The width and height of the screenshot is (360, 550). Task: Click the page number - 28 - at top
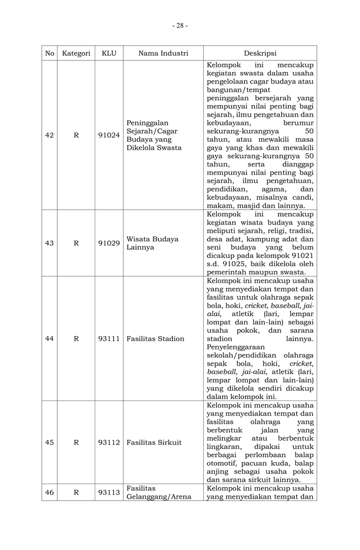(x=180, y=25)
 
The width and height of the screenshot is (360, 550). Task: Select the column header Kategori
(x=76, y=53)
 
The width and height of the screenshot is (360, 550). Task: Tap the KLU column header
(x=109, y=53)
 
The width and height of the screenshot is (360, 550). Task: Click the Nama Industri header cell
(x=163, y=53)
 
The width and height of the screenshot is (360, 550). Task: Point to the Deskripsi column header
(x=260, y=53)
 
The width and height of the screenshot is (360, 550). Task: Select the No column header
(x=50, y=53)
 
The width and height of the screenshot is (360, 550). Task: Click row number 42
(x=50, y=135)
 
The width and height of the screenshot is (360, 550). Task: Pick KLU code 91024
(x=109, y=135)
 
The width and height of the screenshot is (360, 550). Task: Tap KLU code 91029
(x=109, y=243)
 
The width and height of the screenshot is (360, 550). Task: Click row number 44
(x=50, y=339)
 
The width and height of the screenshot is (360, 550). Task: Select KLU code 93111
(x=109, y=339)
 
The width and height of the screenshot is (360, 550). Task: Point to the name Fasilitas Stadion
(x=155, y=339)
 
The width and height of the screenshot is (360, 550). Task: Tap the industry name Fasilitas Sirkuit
(x=154, y=442)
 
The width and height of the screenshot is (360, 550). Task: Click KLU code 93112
(x=109, y=442)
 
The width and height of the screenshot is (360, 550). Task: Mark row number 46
(x=50, y=492)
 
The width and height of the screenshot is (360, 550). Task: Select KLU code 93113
(x=109, y=492)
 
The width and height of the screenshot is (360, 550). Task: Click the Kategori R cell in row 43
(x=76, y=243)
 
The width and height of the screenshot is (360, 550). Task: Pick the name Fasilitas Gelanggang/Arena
(x=159, y=492)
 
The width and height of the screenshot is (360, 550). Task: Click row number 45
(x=50, y=442)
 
